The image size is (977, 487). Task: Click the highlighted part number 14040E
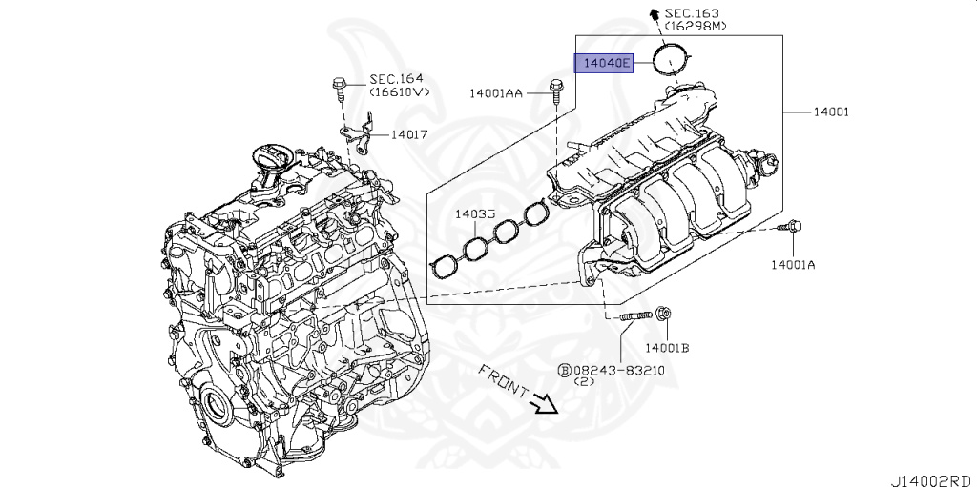pyautogui.click(x=603, y=64)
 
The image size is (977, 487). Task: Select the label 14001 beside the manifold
pyautogui.click(x=830, y=112)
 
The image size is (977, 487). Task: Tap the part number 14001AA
pyautogui.click(x=495, y=93)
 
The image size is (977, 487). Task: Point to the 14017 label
pyautogui.click(x=408, y=135)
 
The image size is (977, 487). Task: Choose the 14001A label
pyautogui.click(x=794, y=265)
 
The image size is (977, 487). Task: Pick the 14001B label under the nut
pyautogui.click(x=667, y=348)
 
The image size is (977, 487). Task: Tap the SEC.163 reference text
pyautogui.click(x=692, y=13)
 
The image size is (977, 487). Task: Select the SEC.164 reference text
pyautogui.click(x=397, y=79)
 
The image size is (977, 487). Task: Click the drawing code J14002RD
pyautogui.click(x=932, y=475)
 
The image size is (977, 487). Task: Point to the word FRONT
pyautogui.click(x=503, y=379)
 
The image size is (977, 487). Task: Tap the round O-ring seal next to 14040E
pyautogui.click(x=672, y=59)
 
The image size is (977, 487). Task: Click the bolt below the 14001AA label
pyautogui.click(x=556, y=90)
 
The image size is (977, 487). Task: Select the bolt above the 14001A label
pyautogui.click(x=792, y=227)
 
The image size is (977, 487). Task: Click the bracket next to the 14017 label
pyautogui.click(x=362, y=135)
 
